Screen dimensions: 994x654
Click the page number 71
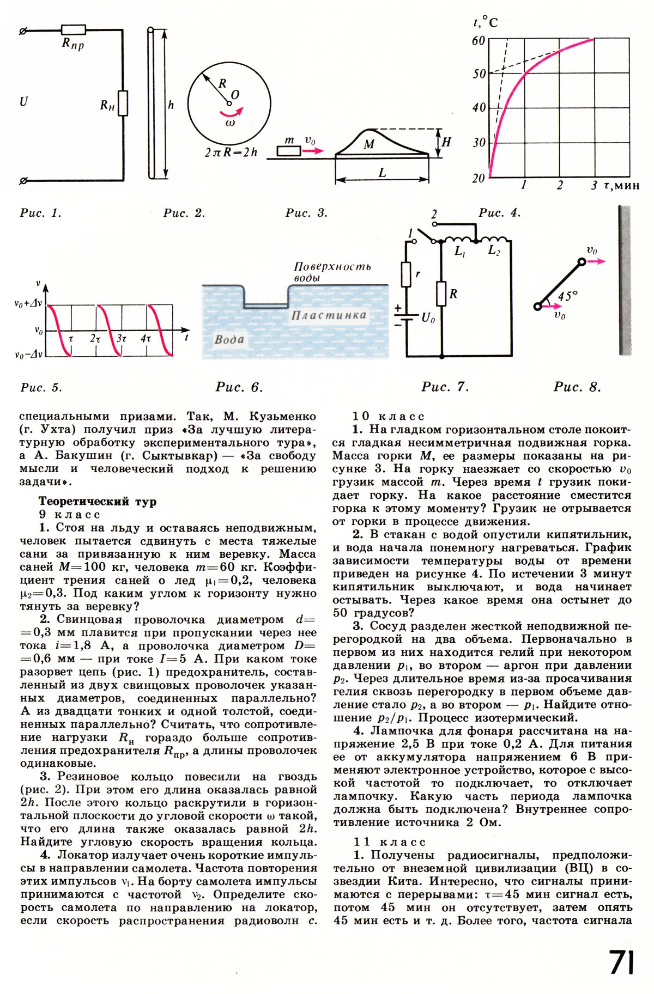click(621, 962)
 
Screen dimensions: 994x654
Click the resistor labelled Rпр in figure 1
click(73, 29)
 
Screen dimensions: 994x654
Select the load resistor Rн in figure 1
click(123, 103)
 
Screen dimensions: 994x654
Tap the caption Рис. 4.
click(499, 213)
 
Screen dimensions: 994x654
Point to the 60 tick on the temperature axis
click(479, 41)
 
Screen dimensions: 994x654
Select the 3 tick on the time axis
click(594, 186)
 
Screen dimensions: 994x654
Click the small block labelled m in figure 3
click(288, 151)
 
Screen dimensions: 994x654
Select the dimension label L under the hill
click(382, 173)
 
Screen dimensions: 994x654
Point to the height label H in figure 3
click(446, 143)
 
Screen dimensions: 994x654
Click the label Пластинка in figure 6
click(328, 315)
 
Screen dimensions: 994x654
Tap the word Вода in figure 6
click(229, 339)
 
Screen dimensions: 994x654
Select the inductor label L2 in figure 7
click(494, 251)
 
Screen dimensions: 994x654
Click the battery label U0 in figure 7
click(428, 318)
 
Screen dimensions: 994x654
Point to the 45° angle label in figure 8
click(567, 296)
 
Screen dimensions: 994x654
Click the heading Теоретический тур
click(97, 502)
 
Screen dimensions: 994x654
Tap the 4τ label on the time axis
click(146, 339)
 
